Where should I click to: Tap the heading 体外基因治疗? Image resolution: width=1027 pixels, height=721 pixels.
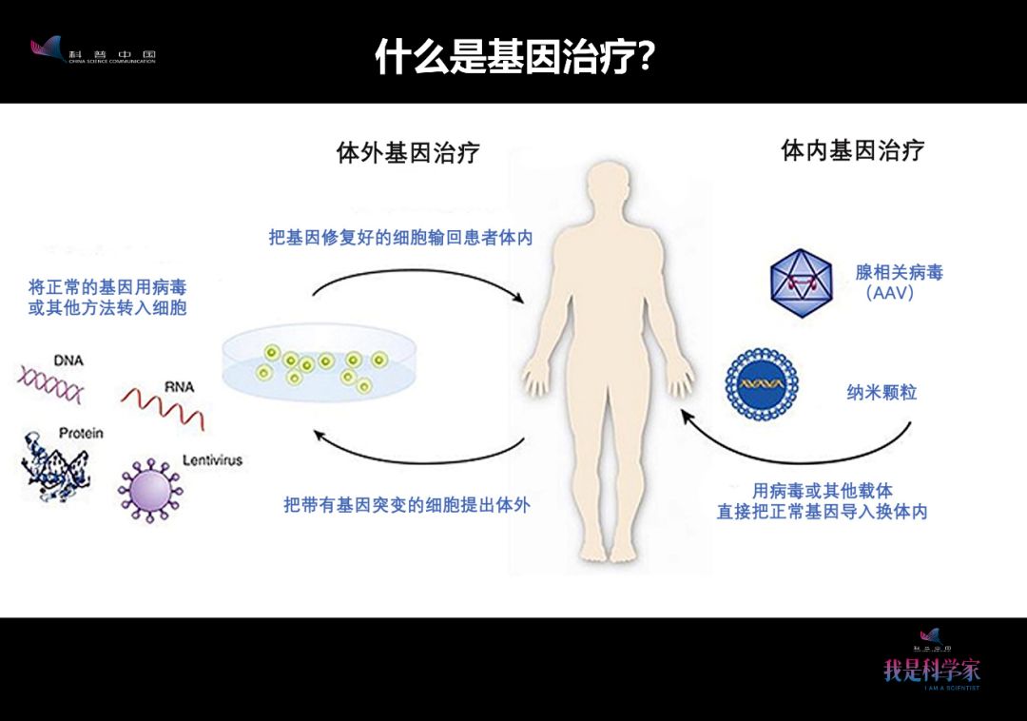408,152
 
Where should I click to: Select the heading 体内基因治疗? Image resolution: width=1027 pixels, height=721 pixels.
852,150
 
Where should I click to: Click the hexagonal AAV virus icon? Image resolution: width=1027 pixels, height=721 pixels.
801,283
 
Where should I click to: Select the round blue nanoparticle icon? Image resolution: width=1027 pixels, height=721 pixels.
761,384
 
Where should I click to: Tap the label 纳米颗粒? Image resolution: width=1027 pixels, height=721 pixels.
882,392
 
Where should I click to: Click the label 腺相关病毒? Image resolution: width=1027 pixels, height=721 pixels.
899,273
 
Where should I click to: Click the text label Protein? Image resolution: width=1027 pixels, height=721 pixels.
81,433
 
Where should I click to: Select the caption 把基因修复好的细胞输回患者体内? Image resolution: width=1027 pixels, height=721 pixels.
399,238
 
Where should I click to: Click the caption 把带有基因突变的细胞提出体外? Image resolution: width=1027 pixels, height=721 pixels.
406,505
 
